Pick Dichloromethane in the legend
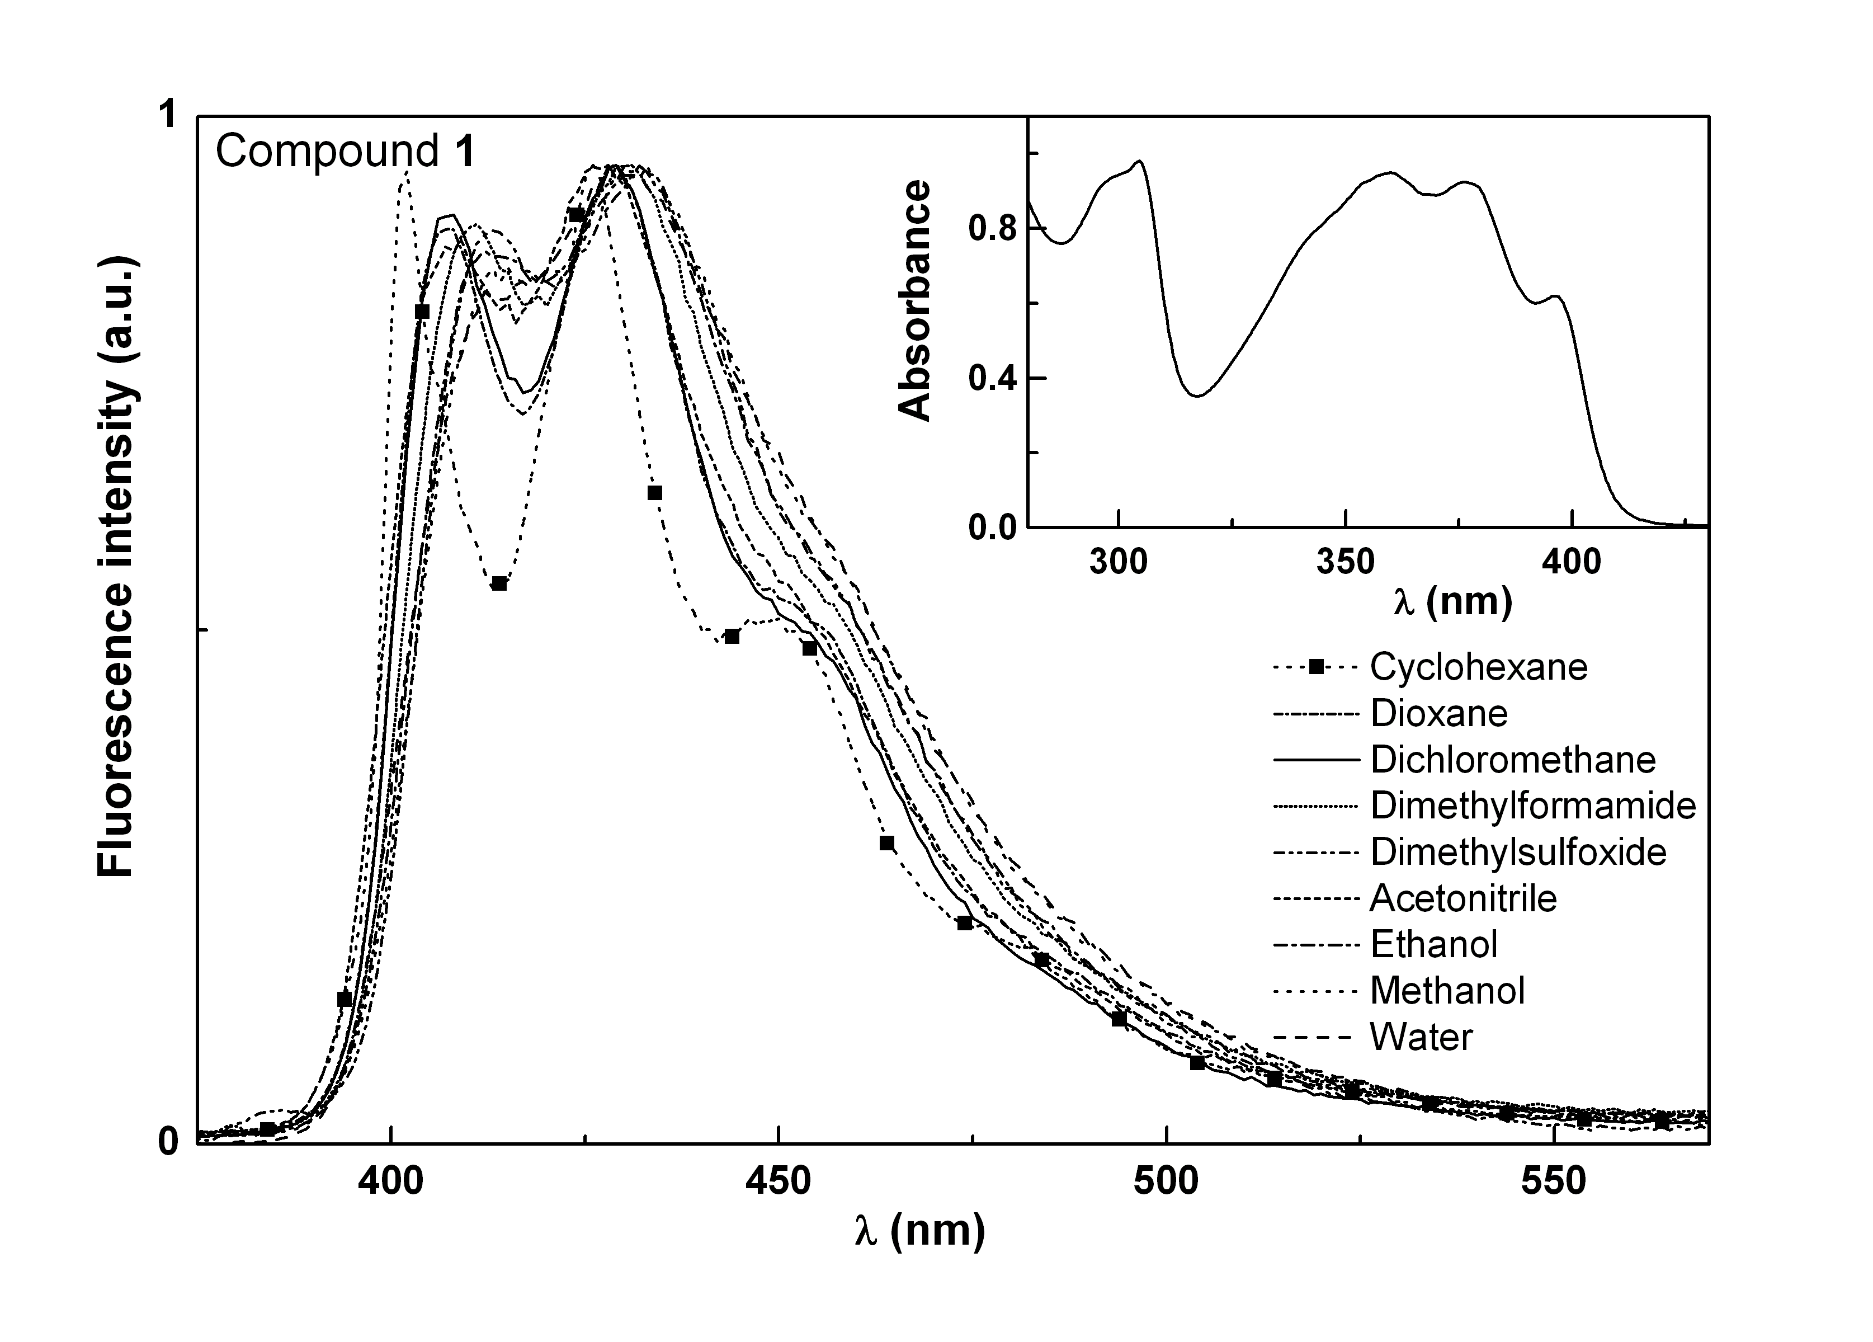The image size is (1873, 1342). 1513,759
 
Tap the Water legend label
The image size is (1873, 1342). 1421,1037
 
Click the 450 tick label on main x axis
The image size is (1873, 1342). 777,1182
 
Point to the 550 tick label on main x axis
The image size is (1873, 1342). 1554,1182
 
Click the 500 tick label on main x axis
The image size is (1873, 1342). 1166,1182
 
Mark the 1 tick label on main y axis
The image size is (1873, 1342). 168,116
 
